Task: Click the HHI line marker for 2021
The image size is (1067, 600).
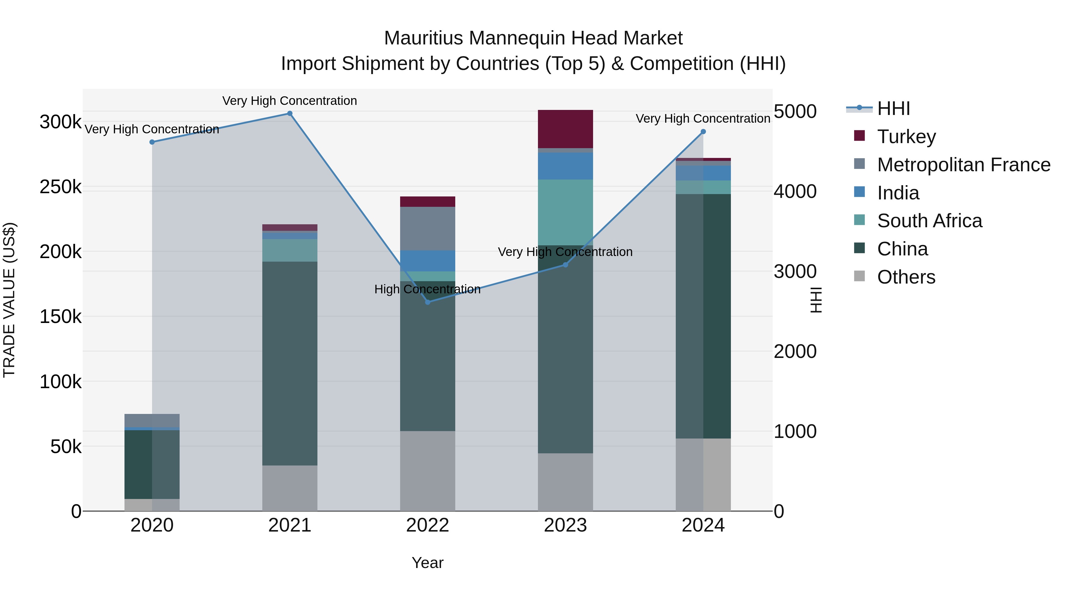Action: point(290,113)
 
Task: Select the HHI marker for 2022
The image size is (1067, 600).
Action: point(427,302)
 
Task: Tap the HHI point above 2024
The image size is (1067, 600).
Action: point(703,132)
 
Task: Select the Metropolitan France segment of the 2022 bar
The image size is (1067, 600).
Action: point(427,228)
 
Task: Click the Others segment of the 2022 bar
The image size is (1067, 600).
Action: point(427,471)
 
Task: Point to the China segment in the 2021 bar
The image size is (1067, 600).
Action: point(290,363)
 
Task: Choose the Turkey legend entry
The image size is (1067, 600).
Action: point(906,137)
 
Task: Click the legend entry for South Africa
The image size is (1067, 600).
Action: point(929,221)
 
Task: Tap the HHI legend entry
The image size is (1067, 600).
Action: point(893,108)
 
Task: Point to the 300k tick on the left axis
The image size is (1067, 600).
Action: point(60,122)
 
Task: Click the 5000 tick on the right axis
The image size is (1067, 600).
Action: point(794,111)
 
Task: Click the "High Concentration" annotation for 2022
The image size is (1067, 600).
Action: point(427,289)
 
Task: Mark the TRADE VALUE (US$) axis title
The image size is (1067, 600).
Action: point(9,300)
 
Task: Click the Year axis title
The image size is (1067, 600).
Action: point(427,563)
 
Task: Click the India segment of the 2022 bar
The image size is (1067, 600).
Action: point(427,260)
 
